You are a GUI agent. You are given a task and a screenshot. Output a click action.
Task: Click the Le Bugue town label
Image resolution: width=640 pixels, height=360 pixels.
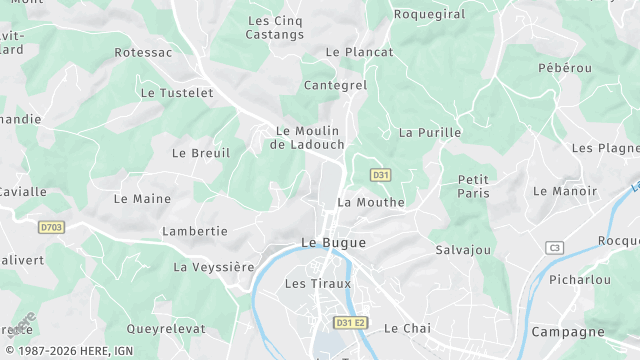[x=333, y=243]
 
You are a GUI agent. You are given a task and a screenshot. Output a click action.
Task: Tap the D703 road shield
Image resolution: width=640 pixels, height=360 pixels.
[x=52, y=228]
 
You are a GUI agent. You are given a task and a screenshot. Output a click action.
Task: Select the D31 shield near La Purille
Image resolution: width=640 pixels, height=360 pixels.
[x=380, y=175]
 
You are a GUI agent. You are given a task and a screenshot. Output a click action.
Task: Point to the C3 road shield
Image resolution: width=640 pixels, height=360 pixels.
[x=555, y=247]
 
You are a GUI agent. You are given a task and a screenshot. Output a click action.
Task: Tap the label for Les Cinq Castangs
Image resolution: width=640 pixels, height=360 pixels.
[x=275, y=27]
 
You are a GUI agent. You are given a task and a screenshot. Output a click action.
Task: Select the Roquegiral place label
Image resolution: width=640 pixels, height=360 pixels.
[x=430, y=14]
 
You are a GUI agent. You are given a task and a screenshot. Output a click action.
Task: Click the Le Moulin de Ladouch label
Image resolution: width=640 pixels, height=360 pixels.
[x=307, y=138]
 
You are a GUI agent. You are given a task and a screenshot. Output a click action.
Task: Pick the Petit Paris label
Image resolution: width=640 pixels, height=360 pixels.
[x=473, y=186]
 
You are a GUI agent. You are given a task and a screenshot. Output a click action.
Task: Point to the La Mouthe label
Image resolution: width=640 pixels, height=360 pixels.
[x=371, y=202]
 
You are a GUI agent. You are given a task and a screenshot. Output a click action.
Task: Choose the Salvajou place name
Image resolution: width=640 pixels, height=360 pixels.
[x=463, y=249]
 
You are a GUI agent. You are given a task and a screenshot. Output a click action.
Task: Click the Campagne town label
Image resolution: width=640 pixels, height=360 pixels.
[x=568, y=332]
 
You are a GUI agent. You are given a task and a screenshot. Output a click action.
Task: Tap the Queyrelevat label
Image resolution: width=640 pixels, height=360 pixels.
[x=166, y=328]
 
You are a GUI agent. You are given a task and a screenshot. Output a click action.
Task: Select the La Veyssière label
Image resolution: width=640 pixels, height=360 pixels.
[x=214, y=267]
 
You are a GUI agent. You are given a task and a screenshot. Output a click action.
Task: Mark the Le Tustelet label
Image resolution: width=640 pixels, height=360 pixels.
[x=177, y=93]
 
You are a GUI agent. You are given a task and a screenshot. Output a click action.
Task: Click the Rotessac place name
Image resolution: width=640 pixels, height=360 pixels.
[x=143, y=52]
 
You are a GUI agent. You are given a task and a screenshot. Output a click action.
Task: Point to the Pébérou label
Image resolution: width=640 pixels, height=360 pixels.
[x=565, y=68]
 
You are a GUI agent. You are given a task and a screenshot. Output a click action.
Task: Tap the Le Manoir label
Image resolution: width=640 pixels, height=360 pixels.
[x=565, y=190]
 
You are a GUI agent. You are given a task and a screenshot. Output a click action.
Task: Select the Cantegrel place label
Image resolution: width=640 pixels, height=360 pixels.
[x=335, y=86]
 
